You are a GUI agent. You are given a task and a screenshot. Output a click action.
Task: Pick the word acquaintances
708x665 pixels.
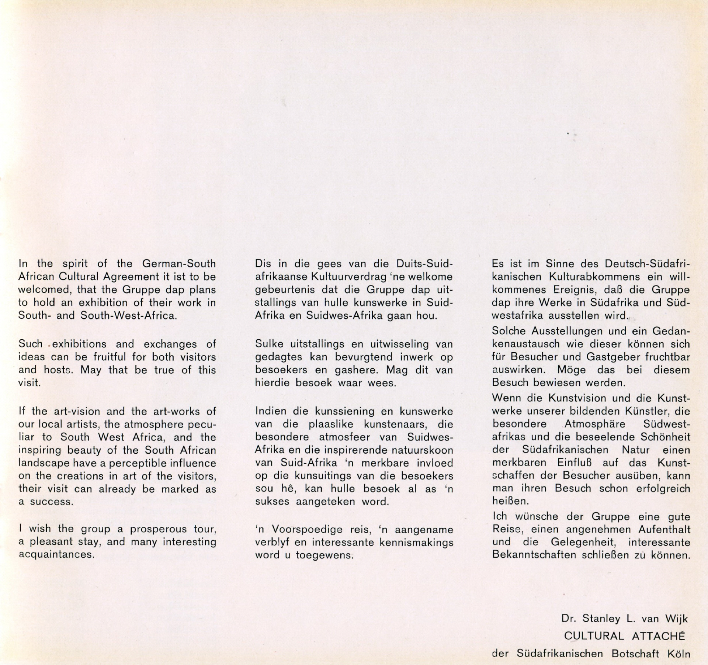(x=56, y=554)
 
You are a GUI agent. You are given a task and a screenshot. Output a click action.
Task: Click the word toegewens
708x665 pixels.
(x=324, y=555)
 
